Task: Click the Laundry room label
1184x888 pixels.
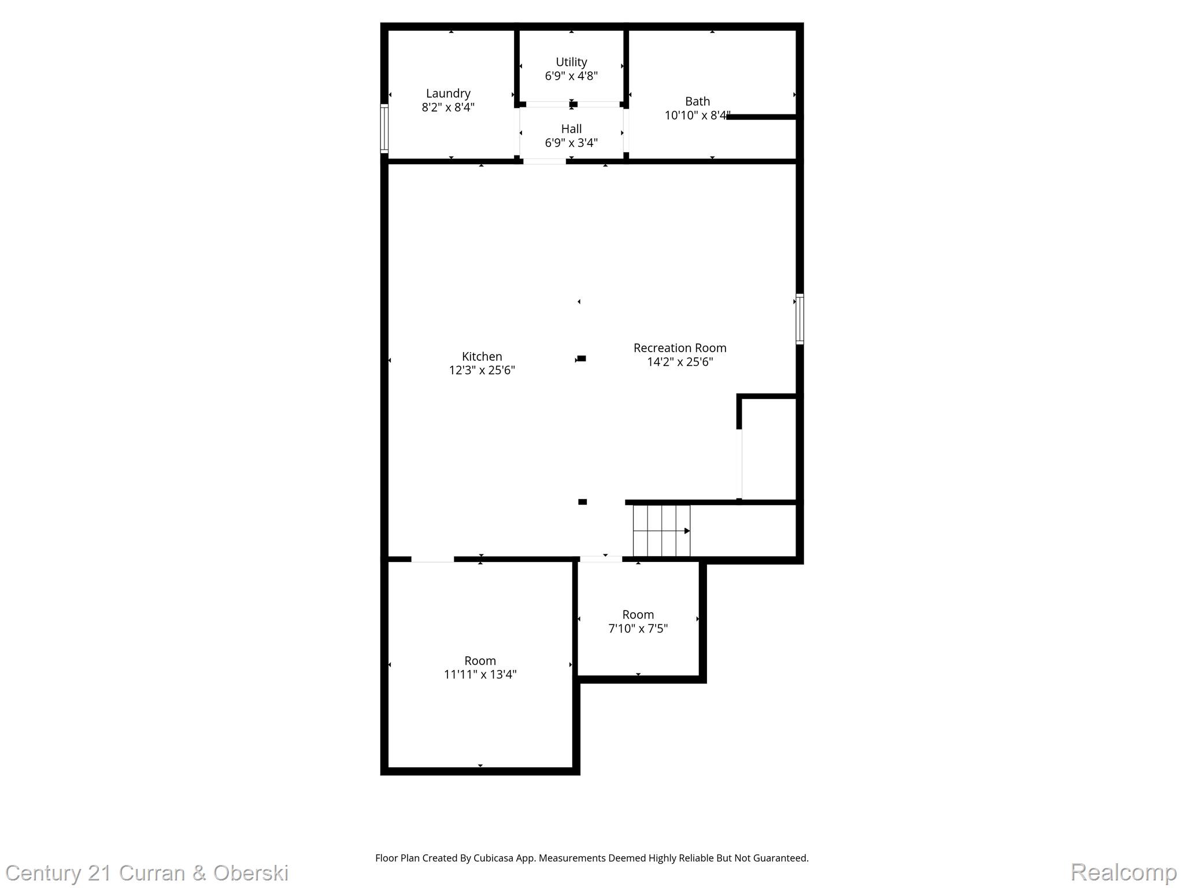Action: pyautogui.click(x=448, y=93)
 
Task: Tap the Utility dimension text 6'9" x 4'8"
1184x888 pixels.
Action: pyautogui.click(x=571, y=76)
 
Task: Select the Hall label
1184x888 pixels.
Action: pyautogui.click(x=571, y=128)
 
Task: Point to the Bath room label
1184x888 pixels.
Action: pyautogui.click(x=697, y=101)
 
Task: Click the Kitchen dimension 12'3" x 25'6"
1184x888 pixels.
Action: pyautogui.click(x=482, y=370)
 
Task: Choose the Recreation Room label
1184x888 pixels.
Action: pyautogui.click(x=679, y=347)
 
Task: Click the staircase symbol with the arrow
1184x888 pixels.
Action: pyautogui.click(x=661, y=531)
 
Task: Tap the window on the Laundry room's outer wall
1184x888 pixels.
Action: pyautogui.click(x=384, y=128)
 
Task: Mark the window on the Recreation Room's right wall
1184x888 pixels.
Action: pyautogui.click(x=800, y=319)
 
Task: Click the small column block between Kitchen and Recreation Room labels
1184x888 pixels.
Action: pyautogui.click(x=582, y=358)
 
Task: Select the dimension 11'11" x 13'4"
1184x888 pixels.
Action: pyautogui.click(x=480, y=674)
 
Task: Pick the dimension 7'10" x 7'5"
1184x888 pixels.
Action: pyautogui.click(x=638, y=628)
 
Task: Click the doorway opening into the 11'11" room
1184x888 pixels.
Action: pyautogui.click(x=432, y=559)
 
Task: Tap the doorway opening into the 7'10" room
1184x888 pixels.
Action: pyautogui.click(x=601, y=559)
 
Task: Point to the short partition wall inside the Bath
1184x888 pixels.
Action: pyautogui.click(x=761, y=117)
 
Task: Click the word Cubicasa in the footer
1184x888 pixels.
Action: pyautogui.click(x=494, y=858)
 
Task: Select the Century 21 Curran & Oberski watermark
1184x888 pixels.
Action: pyautogui.click(x=147, y=873)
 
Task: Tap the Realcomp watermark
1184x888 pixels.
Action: pyautogui.click(x=1123, y=872)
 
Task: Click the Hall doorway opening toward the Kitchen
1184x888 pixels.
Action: pyautogui.click(x=545, y=161)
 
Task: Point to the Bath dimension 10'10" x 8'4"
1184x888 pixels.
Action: pyautogui.click(x=697, y=115)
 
